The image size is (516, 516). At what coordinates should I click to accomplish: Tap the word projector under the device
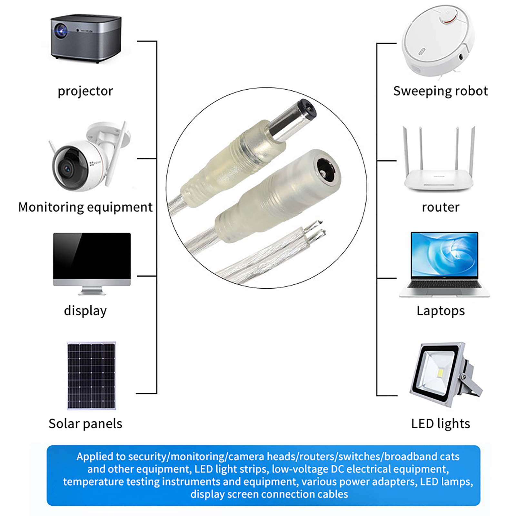coord(85,91)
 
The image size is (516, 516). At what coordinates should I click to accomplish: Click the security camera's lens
coord(67,168)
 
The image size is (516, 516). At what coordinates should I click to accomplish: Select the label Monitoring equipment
coord(85,207)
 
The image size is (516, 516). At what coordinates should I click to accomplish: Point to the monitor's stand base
coord(92,292)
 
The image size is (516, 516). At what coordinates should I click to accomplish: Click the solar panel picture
coord(91,376)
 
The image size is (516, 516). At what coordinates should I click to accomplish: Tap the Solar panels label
coord(85,424)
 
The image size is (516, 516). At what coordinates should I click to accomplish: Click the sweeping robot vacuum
coord(438,41)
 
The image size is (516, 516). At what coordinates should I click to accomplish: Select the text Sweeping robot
coord(441,91)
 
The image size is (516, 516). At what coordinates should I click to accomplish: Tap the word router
coord(441,207)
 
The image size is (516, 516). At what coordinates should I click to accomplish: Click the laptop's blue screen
coord(444,254)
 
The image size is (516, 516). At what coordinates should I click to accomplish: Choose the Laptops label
coord(441,311)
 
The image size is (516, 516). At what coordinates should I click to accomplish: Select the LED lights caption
coord(441,424)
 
